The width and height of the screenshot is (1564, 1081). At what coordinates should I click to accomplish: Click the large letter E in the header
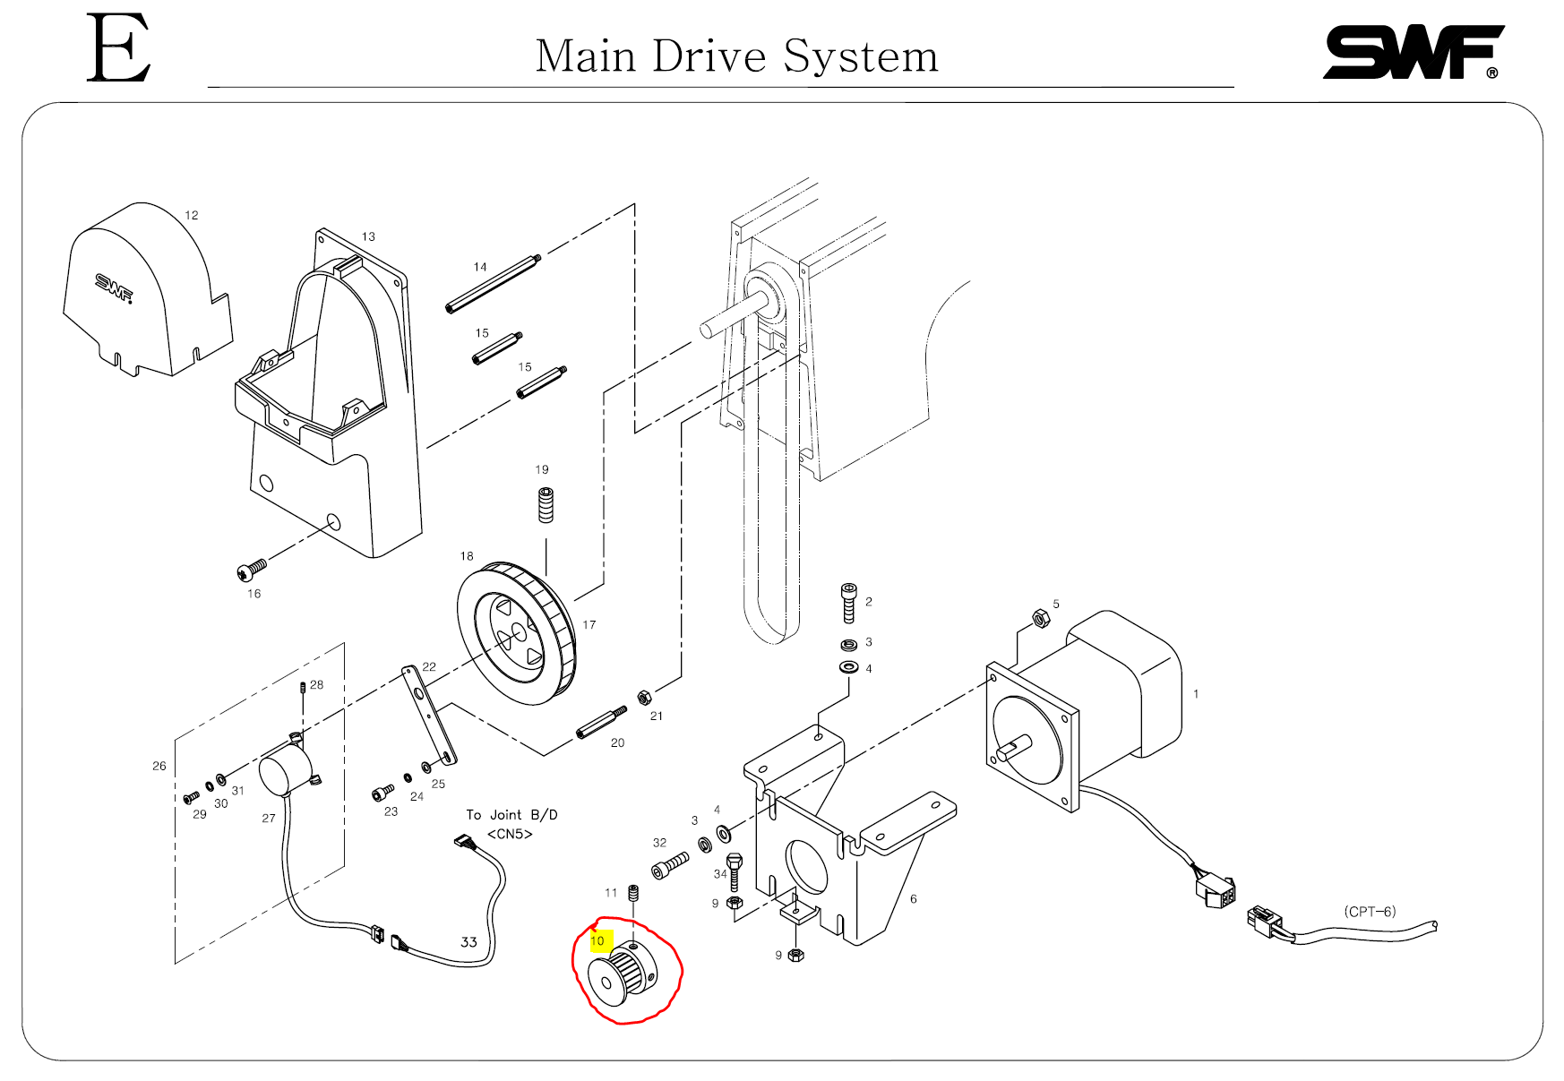(x=117, y=48)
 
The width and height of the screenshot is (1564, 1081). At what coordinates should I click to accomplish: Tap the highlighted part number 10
(x=598, y=941)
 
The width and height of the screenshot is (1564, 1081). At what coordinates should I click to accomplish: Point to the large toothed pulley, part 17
(x=517, y=634)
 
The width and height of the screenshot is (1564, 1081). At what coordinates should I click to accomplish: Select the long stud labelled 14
(x=494, y=284)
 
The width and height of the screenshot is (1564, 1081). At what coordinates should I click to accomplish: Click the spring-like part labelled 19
(x=546, y=504)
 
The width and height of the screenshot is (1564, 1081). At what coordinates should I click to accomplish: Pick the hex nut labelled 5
(x=1041, y=617)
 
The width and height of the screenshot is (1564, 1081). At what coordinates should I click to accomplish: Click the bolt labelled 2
(x=849, y=603)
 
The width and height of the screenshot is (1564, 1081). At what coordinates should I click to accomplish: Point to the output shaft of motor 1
(x=1015, y=747)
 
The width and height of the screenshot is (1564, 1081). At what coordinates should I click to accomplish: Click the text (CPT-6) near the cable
(x=1369, y=912)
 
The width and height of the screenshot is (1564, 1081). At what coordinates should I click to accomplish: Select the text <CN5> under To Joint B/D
(x=510, y=835)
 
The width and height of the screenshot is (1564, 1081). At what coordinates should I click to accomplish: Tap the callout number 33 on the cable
(x=468, y=942)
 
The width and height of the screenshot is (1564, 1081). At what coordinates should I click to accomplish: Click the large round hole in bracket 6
(x=806, y=867)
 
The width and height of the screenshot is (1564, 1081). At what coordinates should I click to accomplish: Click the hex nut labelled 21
(x=643, y=698)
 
